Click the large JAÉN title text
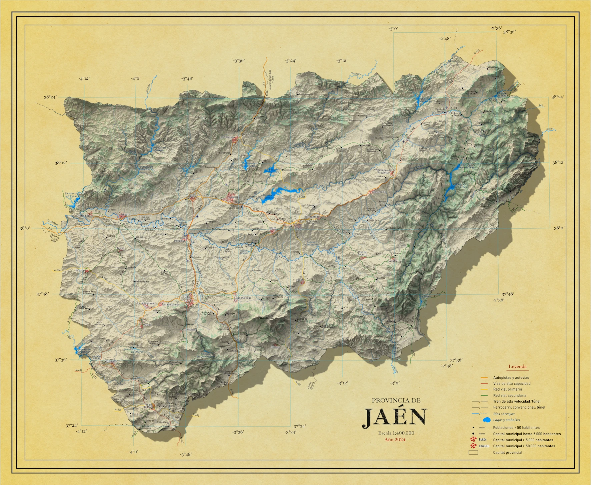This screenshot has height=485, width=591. [x=395, y=417]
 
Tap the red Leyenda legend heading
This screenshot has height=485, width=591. [x=517, y=367]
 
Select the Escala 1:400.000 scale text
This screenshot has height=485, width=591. [x=396, y=433]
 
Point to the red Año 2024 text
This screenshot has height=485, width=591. [x=395, y=439]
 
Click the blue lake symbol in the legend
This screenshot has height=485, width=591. [x=486, y=420]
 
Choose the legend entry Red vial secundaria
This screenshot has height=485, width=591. [x=510, y=395]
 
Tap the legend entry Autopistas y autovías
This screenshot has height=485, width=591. [x=511, y=378]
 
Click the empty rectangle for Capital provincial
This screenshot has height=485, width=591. [x=473, y=453]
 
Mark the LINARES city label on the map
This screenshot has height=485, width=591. [x=235, y=198]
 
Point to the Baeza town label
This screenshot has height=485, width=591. [x=272, y=228]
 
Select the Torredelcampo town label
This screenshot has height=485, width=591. [x=171, y=304]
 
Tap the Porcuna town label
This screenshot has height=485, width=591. [x=81, y=270]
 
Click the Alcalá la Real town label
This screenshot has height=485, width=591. [x=148, y=406]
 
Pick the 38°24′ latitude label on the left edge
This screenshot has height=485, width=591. [x=50, y=97]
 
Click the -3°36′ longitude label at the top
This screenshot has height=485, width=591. [x=239, y=61]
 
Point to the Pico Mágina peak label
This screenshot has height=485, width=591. [x=266, y=318]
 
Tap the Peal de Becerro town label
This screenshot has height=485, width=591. [x=362, y=253]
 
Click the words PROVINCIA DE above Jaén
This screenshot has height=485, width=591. [x=396, y=400]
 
